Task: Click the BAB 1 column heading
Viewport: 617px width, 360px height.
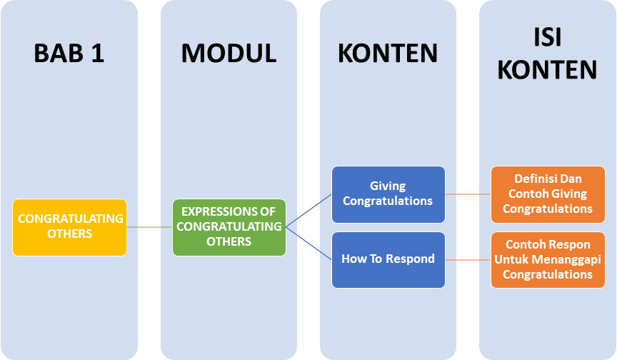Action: coord(69,54)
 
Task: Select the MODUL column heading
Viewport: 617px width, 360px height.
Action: coord(229,54)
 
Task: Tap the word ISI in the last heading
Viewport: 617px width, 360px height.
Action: coord(547,37)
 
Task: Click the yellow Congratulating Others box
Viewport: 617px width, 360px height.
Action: coord(70,227)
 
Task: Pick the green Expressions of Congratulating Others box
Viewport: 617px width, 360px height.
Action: coord(229,227)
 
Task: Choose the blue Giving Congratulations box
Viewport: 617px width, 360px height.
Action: coord(388,194)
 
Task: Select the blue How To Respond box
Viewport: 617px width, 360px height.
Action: coord(388,259)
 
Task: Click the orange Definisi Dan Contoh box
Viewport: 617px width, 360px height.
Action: coord(548,194)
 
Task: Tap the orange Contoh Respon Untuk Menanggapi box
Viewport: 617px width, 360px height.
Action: coord(548,259)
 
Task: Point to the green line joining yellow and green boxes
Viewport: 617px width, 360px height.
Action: coord(149,227)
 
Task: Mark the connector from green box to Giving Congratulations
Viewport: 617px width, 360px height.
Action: coord(309,210)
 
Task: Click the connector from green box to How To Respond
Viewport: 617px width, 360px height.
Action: coord(309,243)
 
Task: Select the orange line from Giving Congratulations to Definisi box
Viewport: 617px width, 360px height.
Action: coord(468,194)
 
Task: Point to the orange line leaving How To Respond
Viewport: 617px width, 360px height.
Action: coord(468,259)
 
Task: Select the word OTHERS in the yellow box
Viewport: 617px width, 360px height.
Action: coord(70,234)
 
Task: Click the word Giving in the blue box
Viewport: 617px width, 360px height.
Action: coord(388,186)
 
